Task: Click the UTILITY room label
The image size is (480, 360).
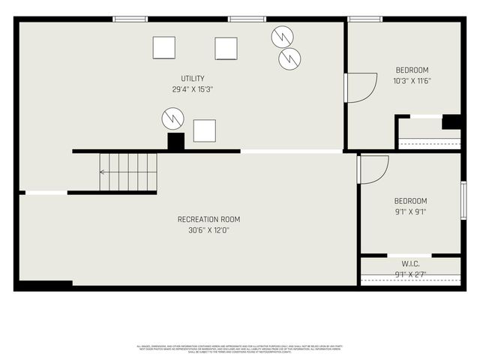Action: (192, 79)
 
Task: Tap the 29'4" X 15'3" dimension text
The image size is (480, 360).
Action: (192, 89)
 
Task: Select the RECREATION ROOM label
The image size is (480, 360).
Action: (208, 220)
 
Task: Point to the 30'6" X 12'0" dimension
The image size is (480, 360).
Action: (208, 230)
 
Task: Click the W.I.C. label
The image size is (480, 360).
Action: (410, 263)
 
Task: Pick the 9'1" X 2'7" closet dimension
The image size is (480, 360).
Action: (410, 274)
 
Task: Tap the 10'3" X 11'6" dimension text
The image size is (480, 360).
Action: (412, 81)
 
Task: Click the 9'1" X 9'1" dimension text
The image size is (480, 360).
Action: (410, 211)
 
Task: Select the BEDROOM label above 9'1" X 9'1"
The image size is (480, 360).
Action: (410, 201)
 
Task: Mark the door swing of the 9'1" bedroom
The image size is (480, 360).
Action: (373, 168)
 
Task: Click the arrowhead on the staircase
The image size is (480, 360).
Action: (103, 172)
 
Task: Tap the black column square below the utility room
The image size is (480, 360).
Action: (175, 142)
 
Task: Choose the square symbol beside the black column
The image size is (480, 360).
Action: (204, 130)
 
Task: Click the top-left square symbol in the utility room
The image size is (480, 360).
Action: (163, 48)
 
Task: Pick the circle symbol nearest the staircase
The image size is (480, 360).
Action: (172, 118)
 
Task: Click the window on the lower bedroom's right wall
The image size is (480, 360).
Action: (463, 200)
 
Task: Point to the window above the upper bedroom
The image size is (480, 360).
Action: (365, 19)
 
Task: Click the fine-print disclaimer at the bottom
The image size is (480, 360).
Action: (240, 349)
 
